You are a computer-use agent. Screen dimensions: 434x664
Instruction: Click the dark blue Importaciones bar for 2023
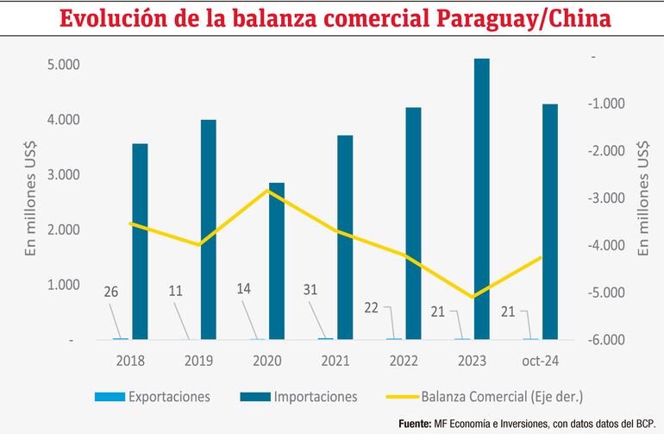coord(482,198)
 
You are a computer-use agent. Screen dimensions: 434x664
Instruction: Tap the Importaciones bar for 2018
coord(140,242)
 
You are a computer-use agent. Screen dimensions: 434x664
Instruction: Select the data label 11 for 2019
coord(177,292)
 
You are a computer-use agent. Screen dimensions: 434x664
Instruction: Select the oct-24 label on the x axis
coord(541,361)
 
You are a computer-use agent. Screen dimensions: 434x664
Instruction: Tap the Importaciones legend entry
coord(315,397)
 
